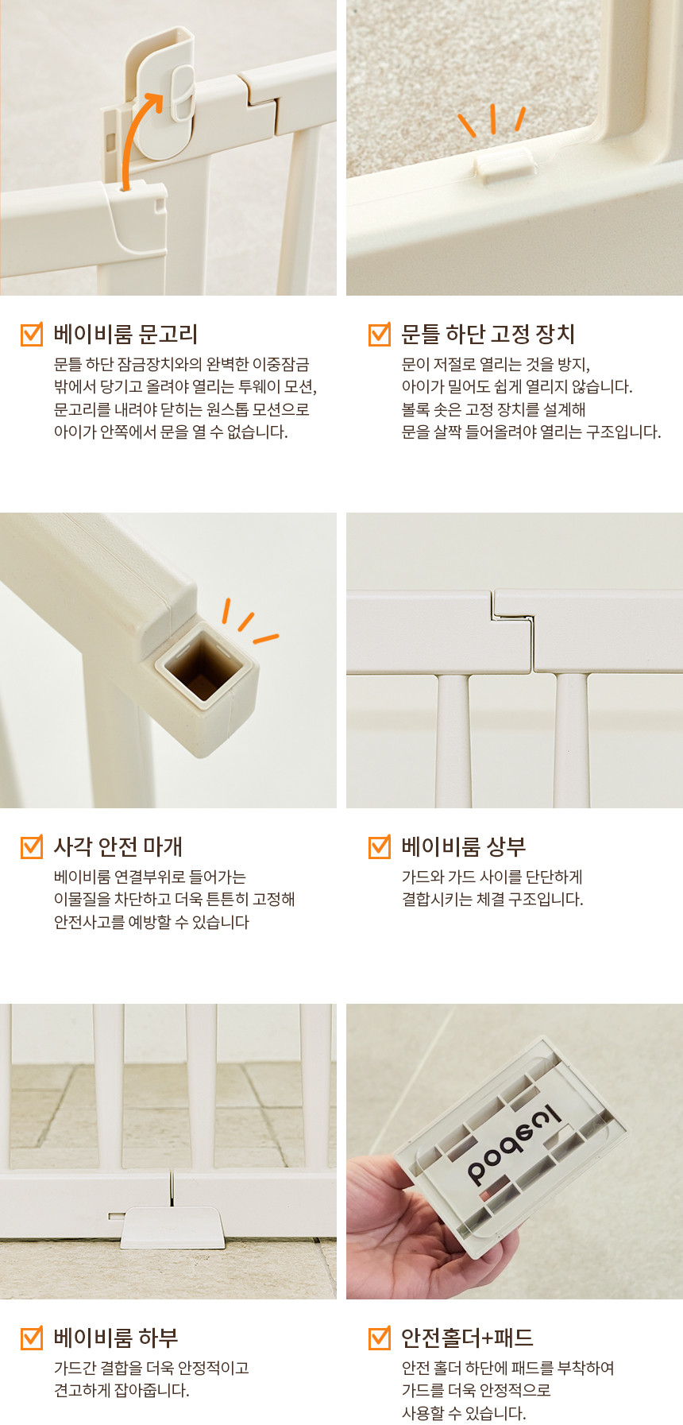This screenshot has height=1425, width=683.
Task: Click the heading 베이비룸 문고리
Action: coord(125,334)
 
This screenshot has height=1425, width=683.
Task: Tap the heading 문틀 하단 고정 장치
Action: coord(488,334)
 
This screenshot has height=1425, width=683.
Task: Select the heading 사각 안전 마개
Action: coord(118,846)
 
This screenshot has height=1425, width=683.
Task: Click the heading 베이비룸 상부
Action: coord(464,846)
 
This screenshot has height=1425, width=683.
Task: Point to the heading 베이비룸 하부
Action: coord(116,1338)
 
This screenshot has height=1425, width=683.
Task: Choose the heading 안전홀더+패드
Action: coord(467,1338)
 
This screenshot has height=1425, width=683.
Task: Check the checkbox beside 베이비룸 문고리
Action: coord(31,334)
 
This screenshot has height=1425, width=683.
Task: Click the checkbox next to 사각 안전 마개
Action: coord(31,846)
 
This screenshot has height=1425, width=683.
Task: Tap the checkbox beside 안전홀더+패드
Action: coord(380,1338)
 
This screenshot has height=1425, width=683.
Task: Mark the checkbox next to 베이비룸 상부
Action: coord(380,846)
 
